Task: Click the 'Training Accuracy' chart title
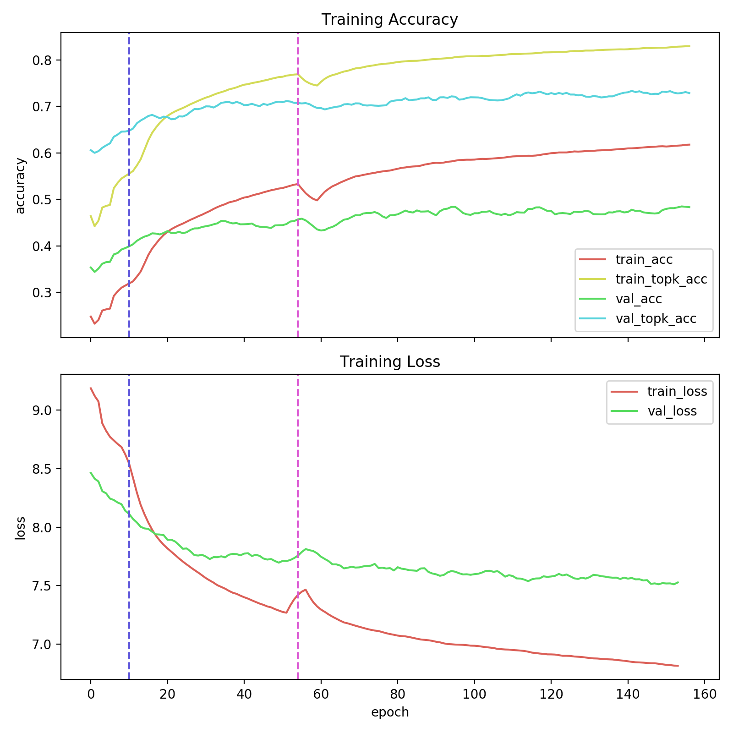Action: [389, 20]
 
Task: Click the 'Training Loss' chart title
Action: [389, 362]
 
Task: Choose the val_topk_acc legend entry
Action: [656, 319]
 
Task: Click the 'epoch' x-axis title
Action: [389, 712]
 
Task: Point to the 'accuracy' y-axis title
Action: [20, 185]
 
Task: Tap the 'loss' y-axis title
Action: [20, 528]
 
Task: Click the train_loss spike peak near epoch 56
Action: [305, 590]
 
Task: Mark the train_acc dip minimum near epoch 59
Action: [317, 200]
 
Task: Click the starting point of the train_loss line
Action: [91, 388]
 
